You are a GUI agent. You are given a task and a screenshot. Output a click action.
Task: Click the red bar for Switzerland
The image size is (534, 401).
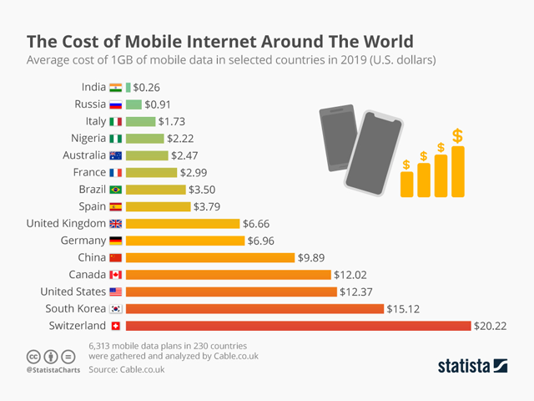297,326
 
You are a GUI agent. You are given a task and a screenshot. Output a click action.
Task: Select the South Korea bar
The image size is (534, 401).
254,308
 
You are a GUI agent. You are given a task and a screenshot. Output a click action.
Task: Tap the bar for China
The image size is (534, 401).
209,257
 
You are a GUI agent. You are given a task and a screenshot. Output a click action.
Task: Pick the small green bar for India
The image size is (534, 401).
128,87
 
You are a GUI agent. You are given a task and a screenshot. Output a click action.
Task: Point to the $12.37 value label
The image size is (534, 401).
356,292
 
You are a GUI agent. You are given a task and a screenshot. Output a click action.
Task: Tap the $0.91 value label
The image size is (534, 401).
159,104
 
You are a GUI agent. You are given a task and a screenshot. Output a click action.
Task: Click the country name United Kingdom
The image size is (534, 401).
66,223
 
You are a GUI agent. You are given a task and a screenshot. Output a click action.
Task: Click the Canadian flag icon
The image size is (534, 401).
115,275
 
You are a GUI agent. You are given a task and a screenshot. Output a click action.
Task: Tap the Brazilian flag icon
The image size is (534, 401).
115,190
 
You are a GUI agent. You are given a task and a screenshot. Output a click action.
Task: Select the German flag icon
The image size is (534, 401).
115,241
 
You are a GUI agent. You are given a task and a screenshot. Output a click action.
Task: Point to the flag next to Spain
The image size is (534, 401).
115,206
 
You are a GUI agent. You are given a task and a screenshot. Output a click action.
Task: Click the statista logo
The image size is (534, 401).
473,365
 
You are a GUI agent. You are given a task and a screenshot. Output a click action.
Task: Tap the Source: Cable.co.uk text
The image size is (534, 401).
127,369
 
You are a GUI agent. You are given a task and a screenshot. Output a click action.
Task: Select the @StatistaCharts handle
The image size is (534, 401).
53,369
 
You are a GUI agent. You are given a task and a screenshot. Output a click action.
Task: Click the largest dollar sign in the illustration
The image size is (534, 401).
457,135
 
